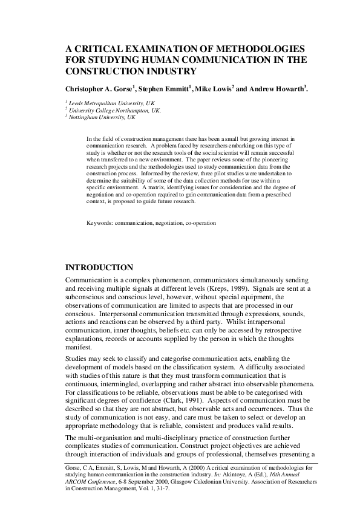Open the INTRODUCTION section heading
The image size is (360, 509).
[x=99, y=267]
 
